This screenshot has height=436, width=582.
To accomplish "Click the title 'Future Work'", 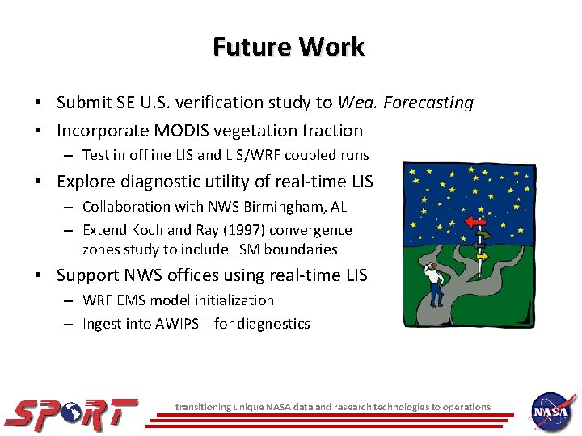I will pos(289,47).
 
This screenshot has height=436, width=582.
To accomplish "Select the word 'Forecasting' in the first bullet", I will pos(428,103).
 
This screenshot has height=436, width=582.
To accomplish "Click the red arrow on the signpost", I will pos(478,221).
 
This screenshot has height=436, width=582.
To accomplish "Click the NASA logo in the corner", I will pos(552,412).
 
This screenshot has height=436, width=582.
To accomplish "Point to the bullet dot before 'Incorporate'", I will pos(39,131).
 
